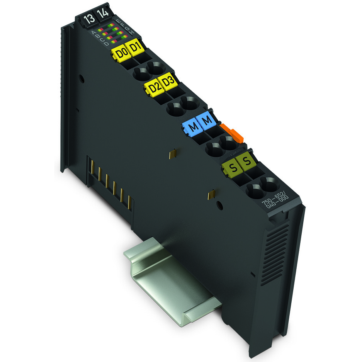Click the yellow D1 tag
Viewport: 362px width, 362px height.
[x=135, y=49]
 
